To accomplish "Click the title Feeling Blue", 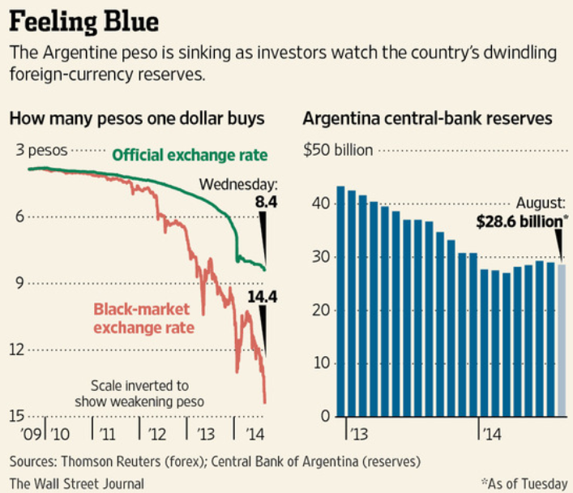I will tap(84, 19).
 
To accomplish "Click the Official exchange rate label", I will tap(189, 154).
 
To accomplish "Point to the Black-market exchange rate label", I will tap(143, 319).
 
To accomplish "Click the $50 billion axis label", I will tap(338, 151).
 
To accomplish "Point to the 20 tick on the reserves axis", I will tap(321, 311).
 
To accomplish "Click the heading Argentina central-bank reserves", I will tap(427, 119).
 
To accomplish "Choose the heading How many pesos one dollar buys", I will tap(137, 119).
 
